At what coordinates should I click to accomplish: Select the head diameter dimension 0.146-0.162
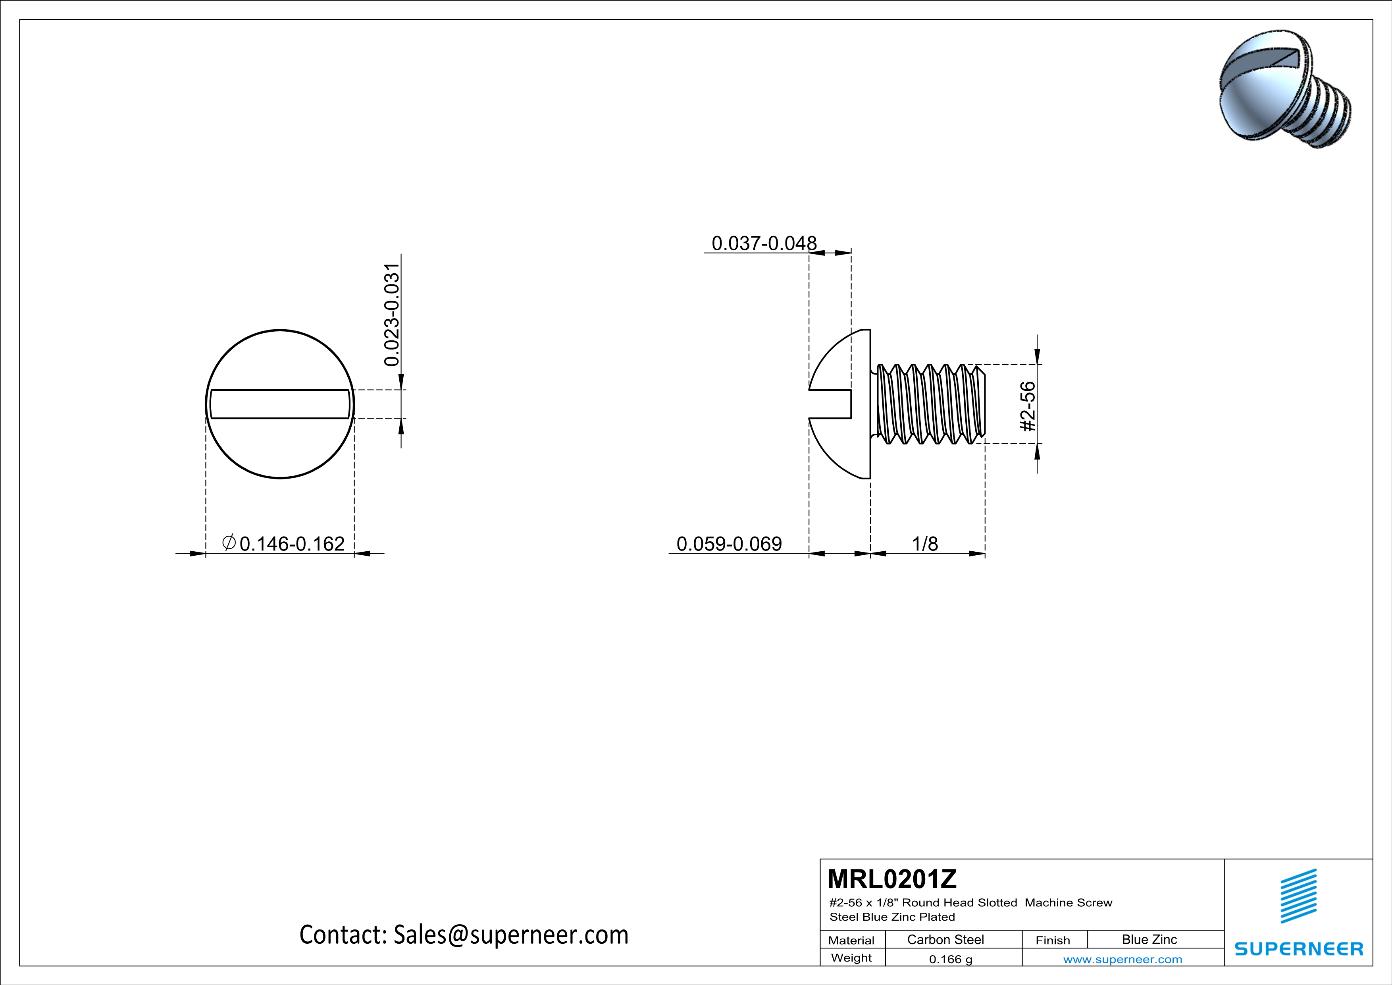pyautogui.click(x=292, y=543)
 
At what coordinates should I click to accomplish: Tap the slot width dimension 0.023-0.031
pyautogui.click(x=392, y=315)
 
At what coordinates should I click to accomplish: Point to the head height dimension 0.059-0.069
pyautogui.click(x=729, y=543)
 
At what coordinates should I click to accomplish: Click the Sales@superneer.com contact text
pyautogui.click(x=510, y=935)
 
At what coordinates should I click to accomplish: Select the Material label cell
pyautogui.click(x=851, y=940)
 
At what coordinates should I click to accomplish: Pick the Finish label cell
pyautogui.click(x=1053, y=940)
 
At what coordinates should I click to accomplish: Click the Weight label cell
pyautogui.click(x=851, y=958)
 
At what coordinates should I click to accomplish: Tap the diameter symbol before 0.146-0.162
pyautogui.click(x=229, y=542)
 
